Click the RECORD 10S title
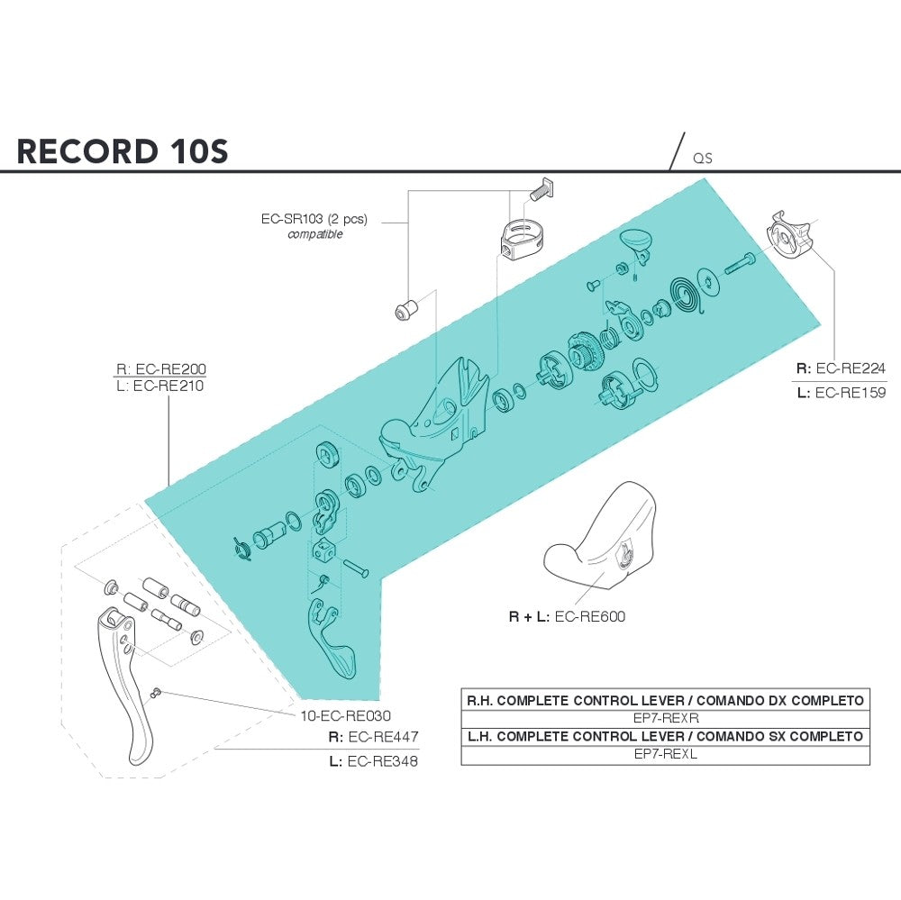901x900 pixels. [123, 151]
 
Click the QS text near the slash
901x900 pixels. [702, 159]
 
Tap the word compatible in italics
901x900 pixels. [314, 234]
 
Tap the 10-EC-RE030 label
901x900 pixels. [345, 715]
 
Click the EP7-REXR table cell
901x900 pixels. [666, 718]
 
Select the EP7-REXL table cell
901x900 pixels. [666, 754]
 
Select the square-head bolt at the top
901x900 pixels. [542, 189]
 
